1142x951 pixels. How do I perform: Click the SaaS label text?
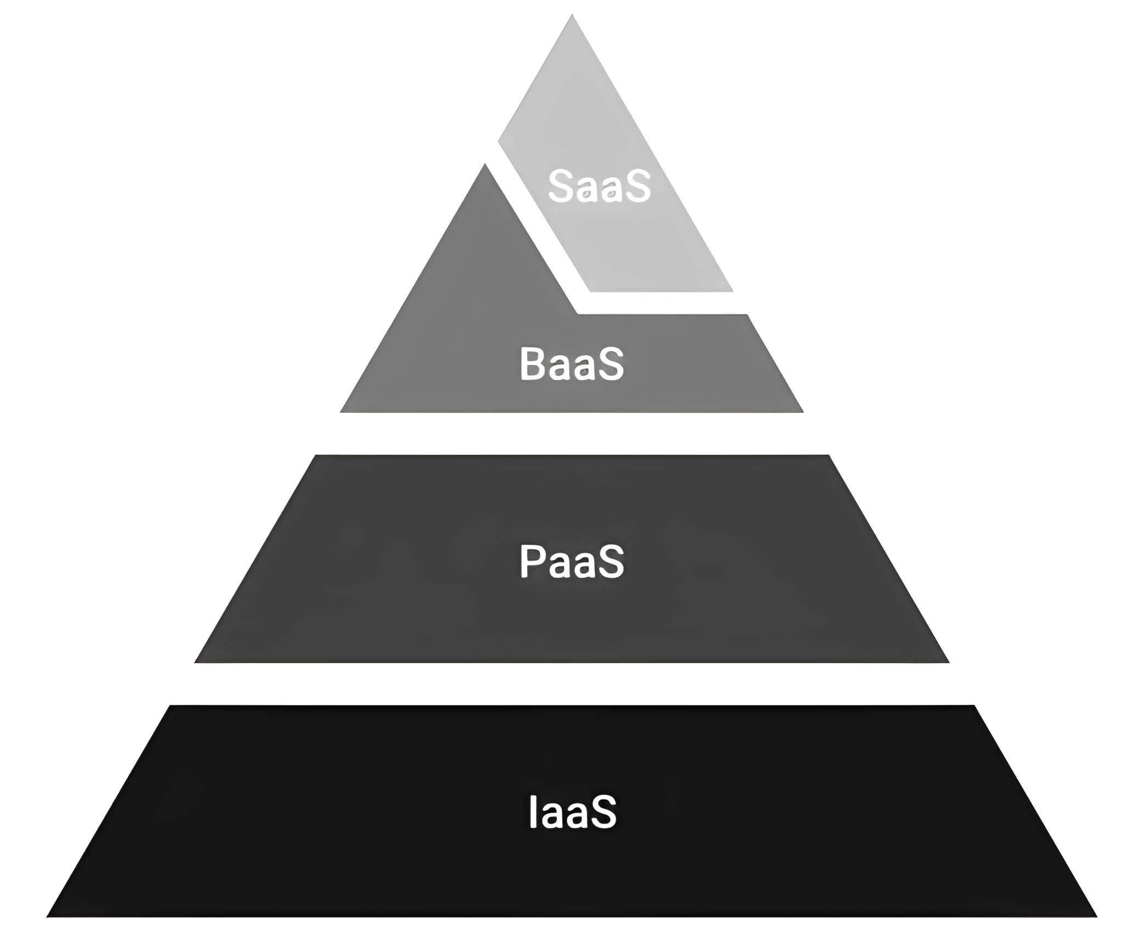click(x=599, y=186)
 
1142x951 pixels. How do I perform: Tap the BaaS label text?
click(x=572, y=363)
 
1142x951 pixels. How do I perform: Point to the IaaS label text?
click(x=572, y=812)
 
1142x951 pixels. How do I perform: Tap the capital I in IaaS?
click(x=532, y=812)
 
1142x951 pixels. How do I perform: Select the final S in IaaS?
click(x=604, y=812)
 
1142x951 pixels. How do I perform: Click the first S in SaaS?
click(x=560, y=186)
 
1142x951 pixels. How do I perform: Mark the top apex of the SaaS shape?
click(x=572, y=16)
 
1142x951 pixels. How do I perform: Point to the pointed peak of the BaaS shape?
click(x=484, y=165)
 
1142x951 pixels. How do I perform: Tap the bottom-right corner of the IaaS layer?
click(x=1095, y=916)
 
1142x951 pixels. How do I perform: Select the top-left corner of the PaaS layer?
click(x=316, y=456)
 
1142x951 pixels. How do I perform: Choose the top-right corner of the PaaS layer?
click(x=828, y=456)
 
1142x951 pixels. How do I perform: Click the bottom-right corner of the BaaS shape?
click(x=802, y=411)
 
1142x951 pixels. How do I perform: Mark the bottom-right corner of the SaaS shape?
click(x=732, y=290)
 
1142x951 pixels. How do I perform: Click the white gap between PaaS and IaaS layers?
click(x=572, y=684)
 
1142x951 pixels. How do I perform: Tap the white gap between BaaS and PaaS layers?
click(x=572, y=433)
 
